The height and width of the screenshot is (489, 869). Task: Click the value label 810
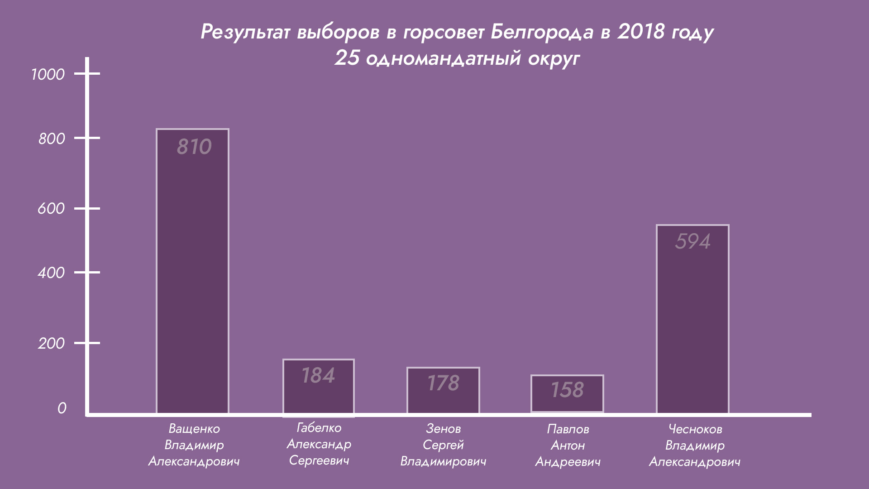click(x=194, y=147)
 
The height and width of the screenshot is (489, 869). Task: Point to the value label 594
click(x=692, y=242)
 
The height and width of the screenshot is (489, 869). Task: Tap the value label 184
click(x=318, y=376)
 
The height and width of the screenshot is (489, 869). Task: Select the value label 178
click(x=443, y=384)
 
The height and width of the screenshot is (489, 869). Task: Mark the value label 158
click(x=567, y=390)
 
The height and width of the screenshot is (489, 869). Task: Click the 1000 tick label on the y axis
click(x=48, y=74)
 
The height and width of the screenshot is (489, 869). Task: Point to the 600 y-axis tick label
click(x=51, y=209)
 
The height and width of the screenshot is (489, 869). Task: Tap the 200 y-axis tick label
click(x=51, y=343)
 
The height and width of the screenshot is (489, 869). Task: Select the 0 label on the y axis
click(x=62, y=408)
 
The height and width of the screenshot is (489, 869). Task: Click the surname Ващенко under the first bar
click(x=194, y=429)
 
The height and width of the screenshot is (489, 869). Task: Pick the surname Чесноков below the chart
click(x=695, y=429)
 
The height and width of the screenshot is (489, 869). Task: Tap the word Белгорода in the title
click(x=542, y=32)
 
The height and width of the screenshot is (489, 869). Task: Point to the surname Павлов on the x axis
click(x=568, y=429)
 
